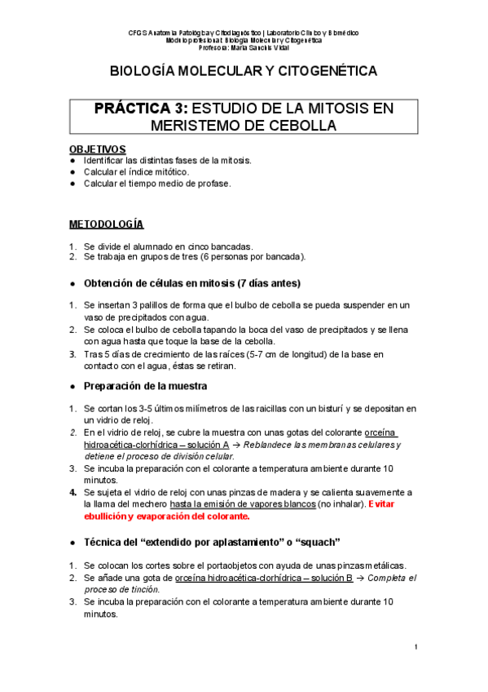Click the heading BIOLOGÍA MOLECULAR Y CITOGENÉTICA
click(x=244, y=72)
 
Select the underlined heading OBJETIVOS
click(x=98, y=149)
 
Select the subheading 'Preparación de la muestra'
click(x=146, y=385)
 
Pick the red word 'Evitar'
click(x=390, y=504)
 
